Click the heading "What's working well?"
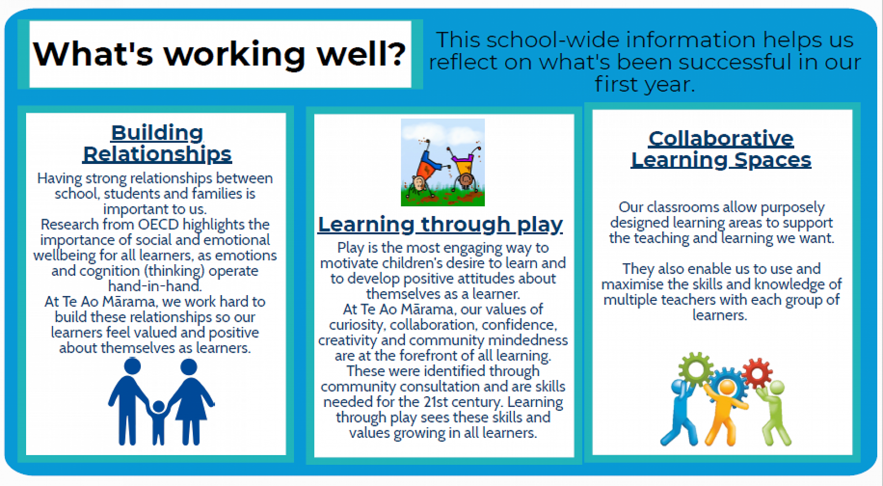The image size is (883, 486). (x=219, y=54)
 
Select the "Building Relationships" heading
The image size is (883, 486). (x=157, y=144)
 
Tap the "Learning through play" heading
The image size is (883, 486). (x=440, y=224)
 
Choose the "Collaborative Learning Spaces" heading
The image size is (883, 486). (x=721, y=149)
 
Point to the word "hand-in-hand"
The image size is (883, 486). (x=155, y=286)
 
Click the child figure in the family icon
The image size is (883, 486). (x=158, y=422)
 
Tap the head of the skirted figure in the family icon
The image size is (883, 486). (x=189, y=367)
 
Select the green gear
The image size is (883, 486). (x=695, y=369)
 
